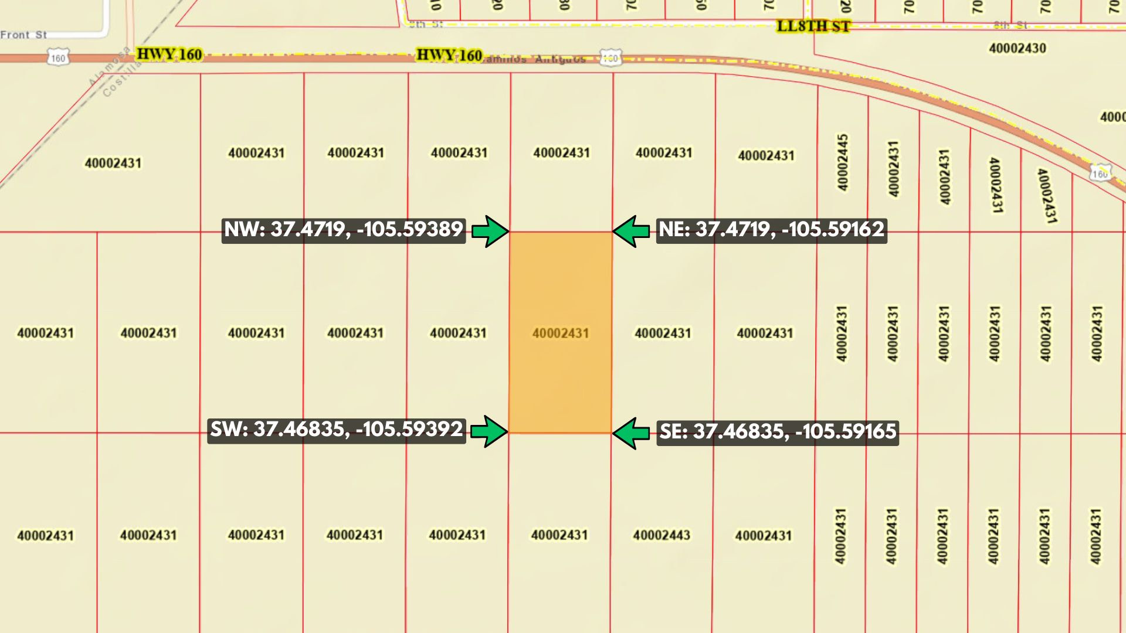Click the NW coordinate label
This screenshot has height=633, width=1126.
click(344, 230)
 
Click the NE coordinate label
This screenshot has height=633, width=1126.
click(771, 230)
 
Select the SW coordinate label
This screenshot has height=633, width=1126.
click(337, 430)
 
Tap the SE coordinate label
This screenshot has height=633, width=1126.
click(777, 433)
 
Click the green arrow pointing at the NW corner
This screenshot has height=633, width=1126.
click(490, 232)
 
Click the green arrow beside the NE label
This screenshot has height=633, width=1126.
click(631, 232)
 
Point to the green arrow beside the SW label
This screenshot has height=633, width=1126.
click(489, 432)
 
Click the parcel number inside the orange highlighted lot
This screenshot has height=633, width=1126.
click(560, 333)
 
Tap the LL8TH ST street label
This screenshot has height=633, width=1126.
click(813, 26)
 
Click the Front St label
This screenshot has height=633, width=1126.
click(23, 35)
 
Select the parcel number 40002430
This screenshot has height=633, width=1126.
click(1017, 49)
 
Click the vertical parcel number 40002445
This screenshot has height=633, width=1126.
click(842, 162)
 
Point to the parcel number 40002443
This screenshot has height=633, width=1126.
click(661, 535)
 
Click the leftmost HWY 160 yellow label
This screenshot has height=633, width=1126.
click(169, 55)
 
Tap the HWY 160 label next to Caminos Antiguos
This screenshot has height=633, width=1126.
click(449, 56)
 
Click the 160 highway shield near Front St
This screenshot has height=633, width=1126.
click(57, 58)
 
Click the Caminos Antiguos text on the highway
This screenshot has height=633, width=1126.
click(535, 59)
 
